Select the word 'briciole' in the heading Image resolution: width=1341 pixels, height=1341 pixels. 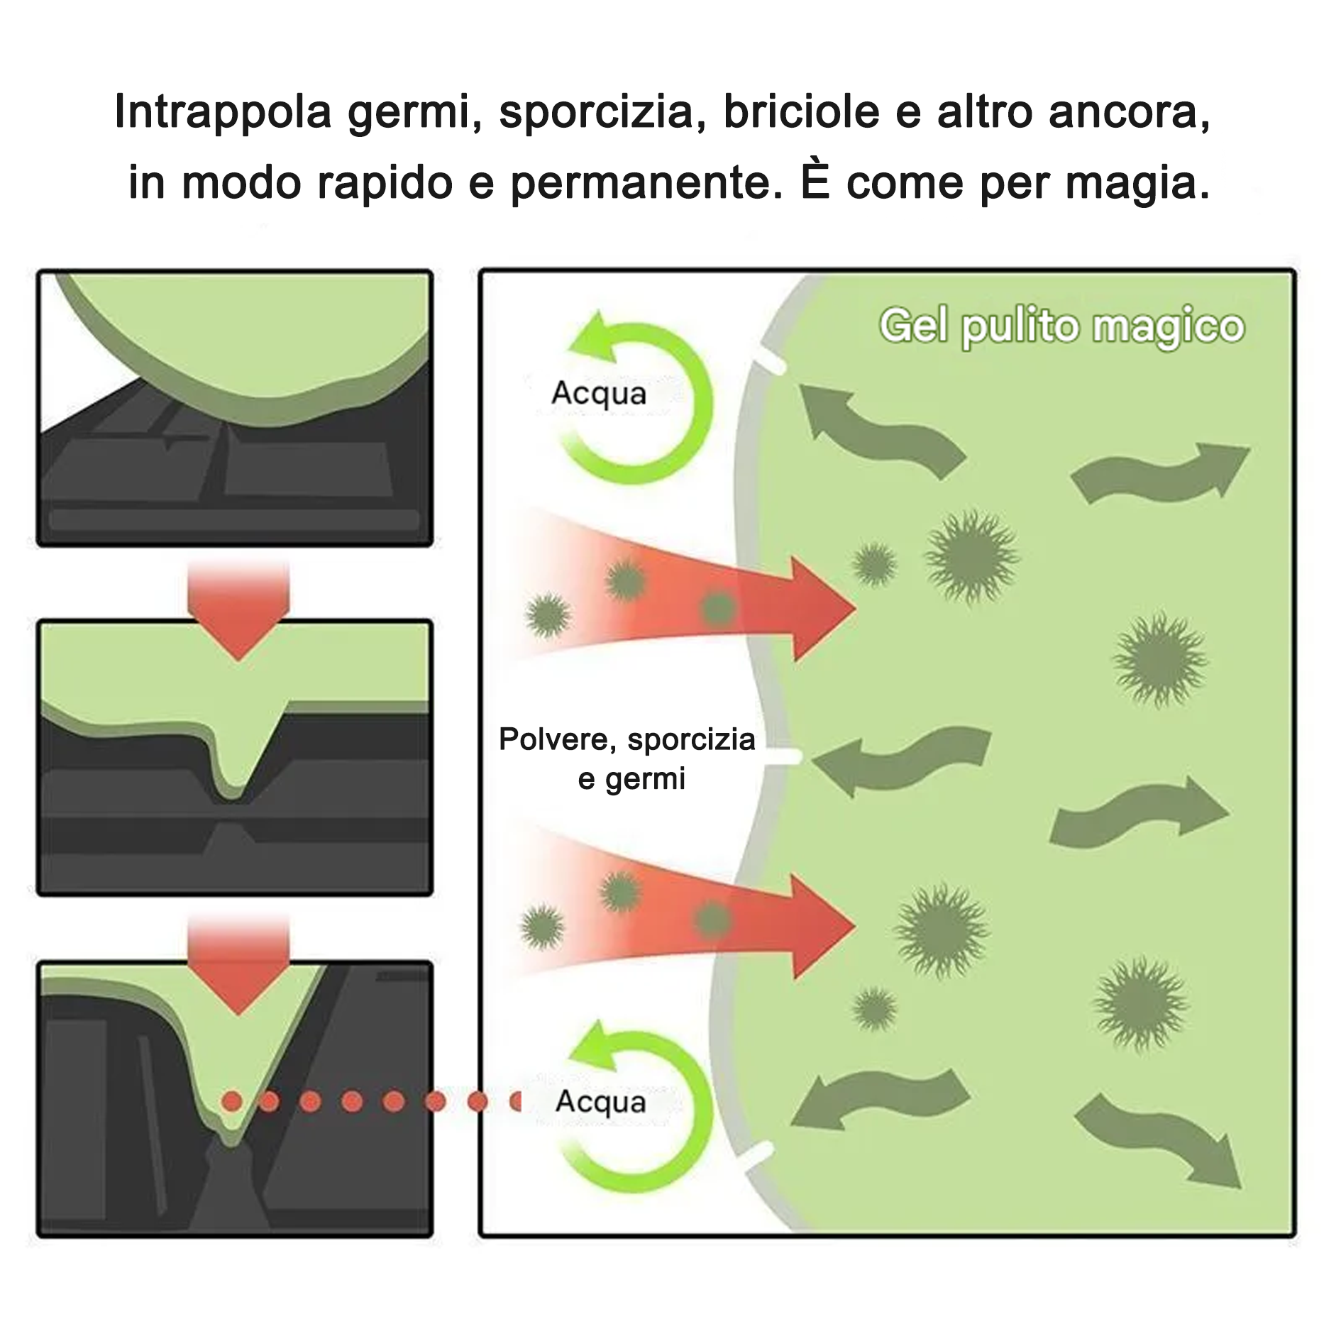pos(801,111)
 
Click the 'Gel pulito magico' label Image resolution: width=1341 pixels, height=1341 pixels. pos(1061,327)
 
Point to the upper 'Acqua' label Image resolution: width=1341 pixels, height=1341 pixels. pos(599,394)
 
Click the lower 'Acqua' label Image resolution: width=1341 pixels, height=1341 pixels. pos(601,1102)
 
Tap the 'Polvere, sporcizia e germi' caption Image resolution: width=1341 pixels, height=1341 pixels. pos(627,758)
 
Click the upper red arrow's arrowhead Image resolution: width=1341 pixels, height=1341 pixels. pos(823,609)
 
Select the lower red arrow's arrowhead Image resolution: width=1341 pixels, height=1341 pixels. pos(823,926)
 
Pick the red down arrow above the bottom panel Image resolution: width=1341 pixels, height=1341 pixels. pos(238,965)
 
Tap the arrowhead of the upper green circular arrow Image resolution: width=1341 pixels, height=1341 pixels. pos(595,336)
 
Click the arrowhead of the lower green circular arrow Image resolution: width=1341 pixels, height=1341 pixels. pos(595,1046)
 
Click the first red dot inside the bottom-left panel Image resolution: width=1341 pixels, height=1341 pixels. pos(232,1102)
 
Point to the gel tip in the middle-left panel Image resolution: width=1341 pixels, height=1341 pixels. pos(231,795)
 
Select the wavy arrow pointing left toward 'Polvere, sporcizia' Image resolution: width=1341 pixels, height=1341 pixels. pos(901,761)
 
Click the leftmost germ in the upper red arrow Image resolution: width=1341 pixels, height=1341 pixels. pos(548,614)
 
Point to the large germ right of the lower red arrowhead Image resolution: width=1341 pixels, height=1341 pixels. pos(942,930)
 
